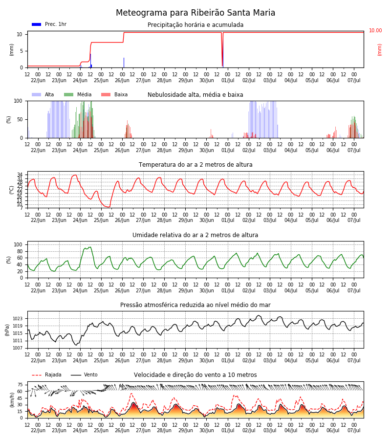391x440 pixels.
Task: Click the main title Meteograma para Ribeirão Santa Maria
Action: pyautogui.click(x=195, y=13)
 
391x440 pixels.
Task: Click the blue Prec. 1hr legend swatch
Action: pyautogui.click(x=37, y=24)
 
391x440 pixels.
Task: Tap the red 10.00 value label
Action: pyautogui.click(x=375, y=30)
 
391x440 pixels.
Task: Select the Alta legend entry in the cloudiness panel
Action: pyautogui.click(x=43, y=94)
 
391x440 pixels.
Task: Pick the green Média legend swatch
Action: pyautogui.click(x=68, y=94)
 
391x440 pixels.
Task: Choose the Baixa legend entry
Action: pyautogui.click(x=114, y=94)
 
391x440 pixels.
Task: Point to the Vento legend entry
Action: pyautogui.click(x=84, y=374)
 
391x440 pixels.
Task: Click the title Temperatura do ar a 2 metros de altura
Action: pyautogui.click(x=195, y=165)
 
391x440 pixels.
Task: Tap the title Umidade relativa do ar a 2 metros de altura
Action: pyautogui.click(x=195, y=235)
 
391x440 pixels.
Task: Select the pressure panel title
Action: pyautogui.click(x=195, y=305)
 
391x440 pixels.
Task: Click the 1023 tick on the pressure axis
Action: pyautogui.click(x=18, y=319)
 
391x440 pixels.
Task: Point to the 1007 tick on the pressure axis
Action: pyautogui.click(x=18, y=348)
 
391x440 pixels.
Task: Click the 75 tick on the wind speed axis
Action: pyautogui.click(x=20, y=385)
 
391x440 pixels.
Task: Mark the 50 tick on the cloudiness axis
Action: pyautogui.click(x=20, y=120)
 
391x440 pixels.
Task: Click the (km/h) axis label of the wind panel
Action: pyautogui.click(x=12, y=400)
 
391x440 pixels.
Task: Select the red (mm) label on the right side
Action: pyautogui.click(x=379, y=50)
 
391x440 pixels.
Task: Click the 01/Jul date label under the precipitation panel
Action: pyautogui.click(x=228, y=80)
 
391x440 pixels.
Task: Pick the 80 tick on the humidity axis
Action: pyautogui.click(x=20, y=251)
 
